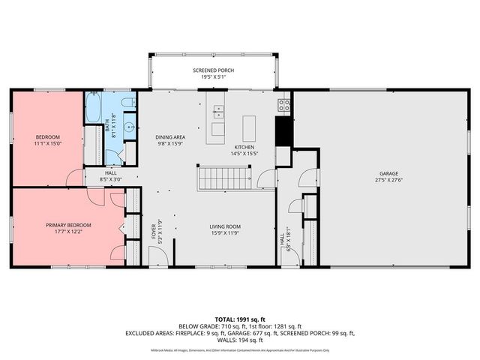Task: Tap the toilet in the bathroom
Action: click(x=129, y=101)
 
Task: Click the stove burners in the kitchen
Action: click(x=285, y=105)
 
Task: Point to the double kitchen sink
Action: click(x=218, y=112)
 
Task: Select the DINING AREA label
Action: click(x=170, y=137)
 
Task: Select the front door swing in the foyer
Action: click(x=158, y=256)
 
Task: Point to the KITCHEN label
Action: click(x=244, y=147)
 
